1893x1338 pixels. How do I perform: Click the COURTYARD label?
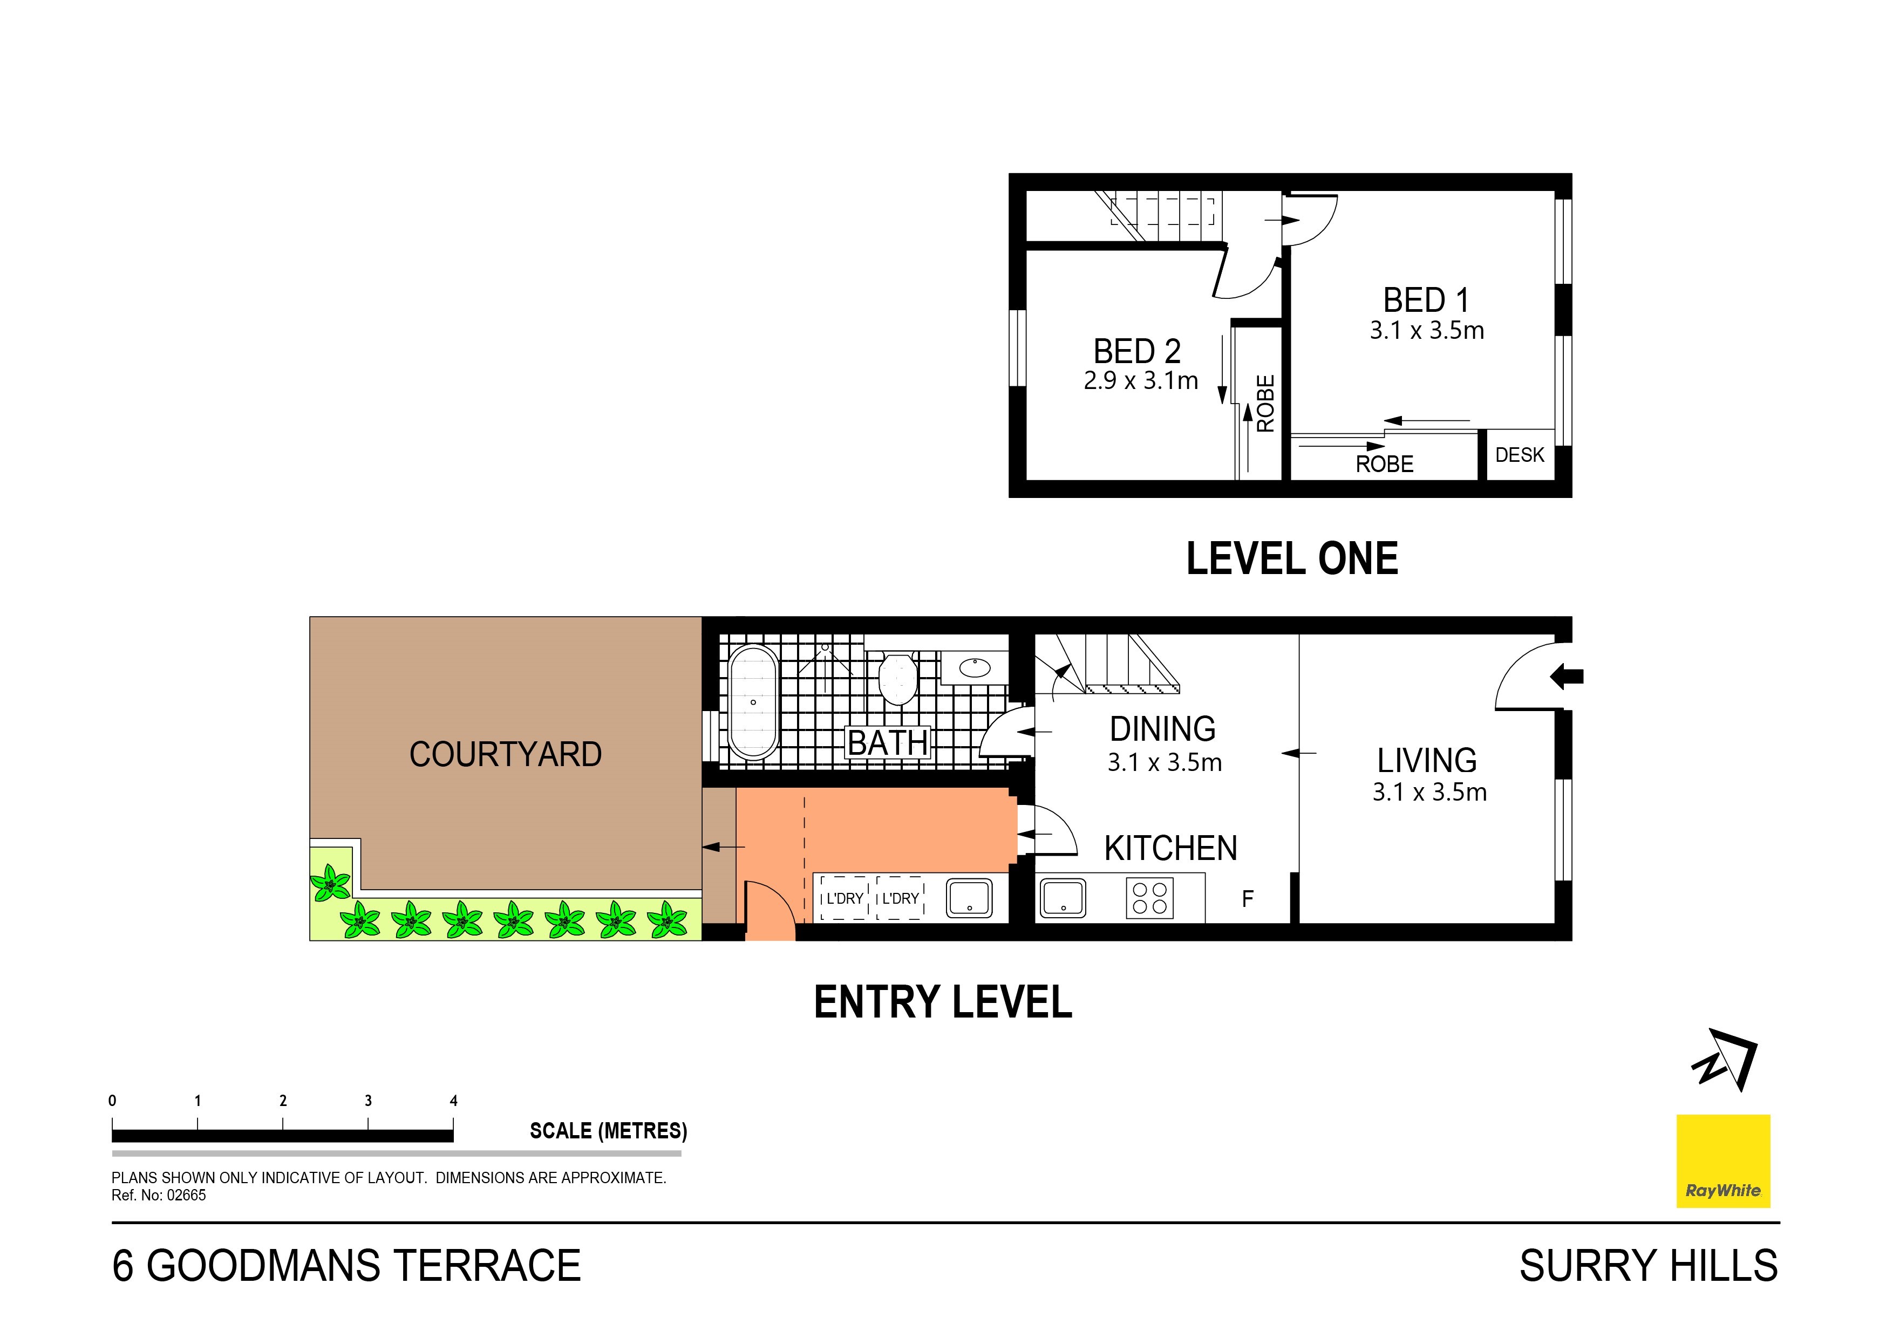point(506,754)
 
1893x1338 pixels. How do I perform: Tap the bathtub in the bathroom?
point(753,702)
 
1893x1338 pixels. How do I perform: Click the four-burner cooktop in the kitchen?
point(1149,898)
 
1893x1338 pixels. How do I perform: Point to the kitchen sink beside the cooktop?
point(1064,898)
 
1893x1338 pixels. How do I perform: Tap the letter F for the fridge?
point(1248,899)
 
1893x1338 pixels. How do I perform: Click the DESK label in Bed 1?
point(1520,455)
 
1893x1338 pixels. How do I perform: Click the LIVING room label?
point(1427,760)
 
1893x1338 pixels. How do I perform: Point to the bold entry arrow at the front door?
point(1567,677)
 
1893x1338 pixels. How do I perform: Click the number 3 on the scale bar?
point(367,1101)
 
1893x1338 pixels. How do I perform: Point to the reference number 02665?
point(186,1196)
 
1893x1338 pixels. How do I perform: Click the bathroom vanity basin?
point(975,666)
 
